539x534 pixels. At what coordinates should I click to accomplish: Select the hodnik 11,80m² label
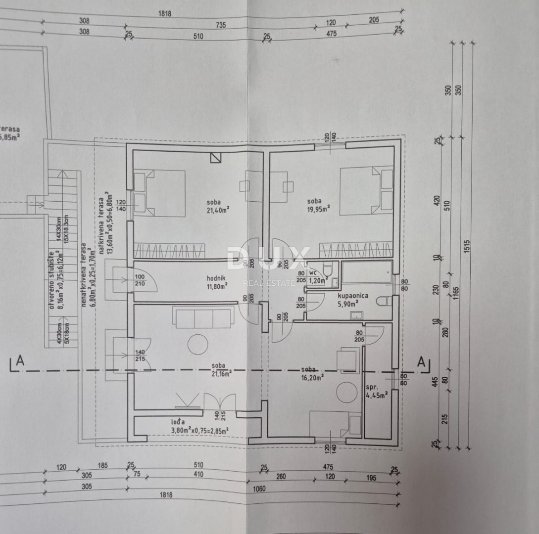(x=217, y=281)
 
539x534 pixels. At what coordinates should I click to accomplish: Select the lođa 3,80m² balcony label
(x=199, y=426)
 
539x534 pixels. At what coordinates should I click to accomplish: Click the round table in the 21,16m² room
(x=198, y=344)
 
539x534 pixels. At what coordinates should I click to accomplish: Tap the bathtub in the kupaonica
(x=367, y=271)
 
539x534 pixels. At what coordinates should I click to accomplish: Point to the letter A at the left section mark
(x=20, y=361)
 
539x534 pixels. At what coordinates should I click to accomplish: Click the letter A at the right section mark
(x=421, y=361)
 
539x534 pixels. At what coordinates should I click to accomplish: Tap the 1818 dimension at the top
(x=165, y=14)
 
